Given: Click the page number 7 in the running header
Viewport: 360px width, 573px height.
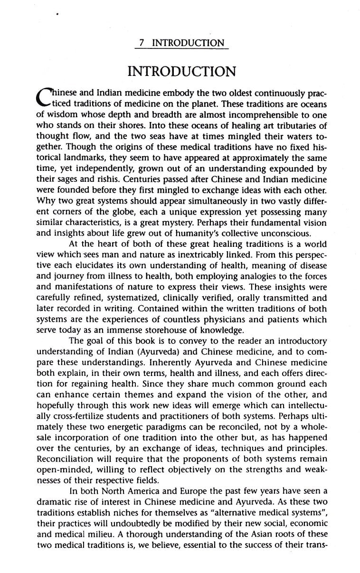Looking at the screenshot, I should (137, 44).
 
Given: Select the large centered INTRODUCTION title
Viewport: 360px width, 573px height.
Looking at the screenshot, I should (182, 72).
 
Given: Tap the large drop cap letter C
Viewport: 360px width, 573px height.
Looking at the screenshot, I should (46, 97).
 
